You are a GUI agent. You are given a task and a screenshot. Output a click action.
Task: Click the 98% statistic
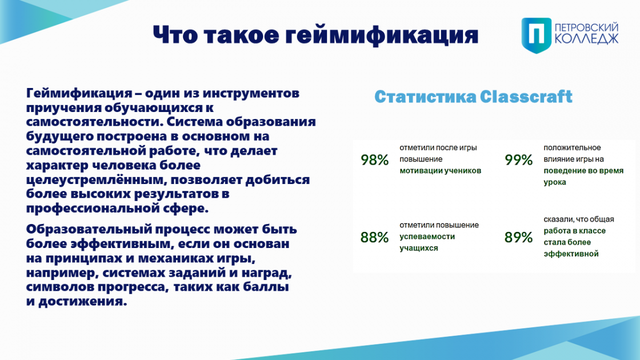coord(374,159)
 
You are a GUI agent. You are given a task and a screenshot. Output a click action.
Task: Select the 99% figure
coord(518,159)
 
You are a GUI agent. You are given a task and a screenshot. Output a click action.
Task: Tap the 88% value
coord(374,237)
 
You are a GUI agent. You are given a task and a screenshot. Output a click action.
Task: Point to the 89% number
coord(518,237)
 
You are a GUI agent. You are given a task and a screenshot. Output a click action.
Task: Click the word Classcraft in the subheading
coord(526,97)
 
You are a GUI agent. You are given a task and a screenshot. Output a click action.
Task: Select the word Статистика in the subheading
coord(426,97)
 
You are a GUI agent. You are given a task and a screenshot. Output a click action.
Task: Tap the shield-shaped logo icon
coord(537,35)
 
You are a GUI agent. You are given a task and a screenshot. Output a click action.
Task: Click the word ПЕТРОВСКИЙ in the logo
coord(587,28)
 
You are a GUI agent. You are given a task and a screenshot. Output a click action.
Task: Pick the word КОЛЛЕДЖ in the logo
coord(587,39)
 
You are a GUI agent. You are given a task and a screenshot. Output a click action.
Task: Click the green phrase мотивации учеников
coord(441,171)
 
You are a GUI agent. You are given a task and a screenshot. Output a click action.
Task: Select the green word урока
coord(555,182)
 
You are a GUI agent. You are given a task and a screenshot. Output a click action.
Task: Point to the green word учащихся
coord(419,248)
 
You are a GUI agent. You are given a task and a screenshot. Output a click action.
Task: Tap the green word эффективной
coord(571,254)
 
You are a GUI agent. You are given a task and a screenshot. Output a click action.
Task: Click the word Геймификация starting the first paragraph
coord(79,93)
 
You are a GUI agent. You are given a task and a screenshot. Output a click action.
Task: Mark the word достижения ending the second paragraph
coord(83,301)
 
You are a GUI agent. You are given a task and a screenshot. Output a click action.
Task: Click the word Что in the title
coord(175,35)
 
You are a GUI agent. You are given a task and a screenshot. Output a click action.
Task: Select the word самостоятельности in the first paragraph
coord(94,122)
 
